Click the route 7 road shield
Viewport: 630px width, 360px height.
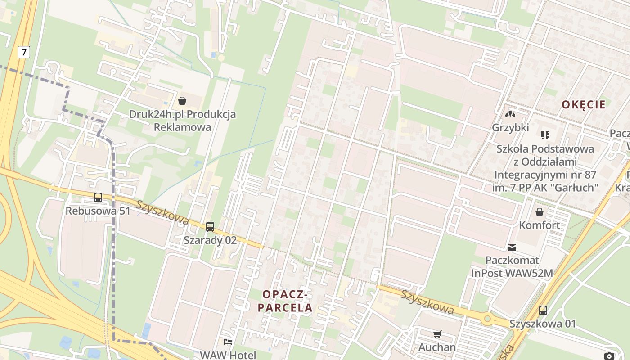(23, 52)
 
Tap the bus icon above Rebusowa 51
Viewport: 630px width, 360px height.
(98, 197)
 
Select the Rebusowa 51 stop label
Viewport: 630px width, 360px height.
(98, 211)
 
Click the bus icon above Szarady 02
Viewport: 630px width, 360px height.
(210, 226)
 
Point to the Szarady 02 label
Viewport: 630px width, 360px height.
(210, 240)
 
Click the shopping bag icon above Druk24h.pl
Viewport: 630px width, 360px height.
(182, 101)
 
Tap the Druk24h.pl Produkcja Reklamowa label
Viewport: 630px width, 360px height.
(182, 121)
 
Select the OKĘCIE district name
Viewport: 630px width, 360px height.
(583, 105)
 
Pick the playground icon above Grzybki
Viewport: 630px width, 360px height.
(510, 114)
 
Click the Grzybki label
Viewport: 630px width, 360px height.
(510, 128)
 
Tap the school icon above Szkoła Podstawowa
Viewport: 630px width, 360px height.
(545, 135)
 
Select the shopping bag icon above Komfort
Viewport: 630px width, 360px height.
(539, 211)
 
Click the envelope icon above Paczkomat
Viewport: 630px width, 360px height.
(512, 247)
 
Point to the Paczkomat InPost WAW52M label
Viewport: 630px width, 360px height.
(512, 267)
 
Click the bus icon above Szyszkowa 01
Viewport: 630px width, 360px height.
(543, 310)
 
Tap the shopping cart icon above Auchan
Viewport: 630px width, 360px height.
(437, 334)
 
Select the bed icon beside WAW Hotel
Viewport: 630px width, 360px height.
(228, 342)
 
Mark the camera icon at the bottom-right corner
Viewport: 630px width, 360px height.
(609, 356)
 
